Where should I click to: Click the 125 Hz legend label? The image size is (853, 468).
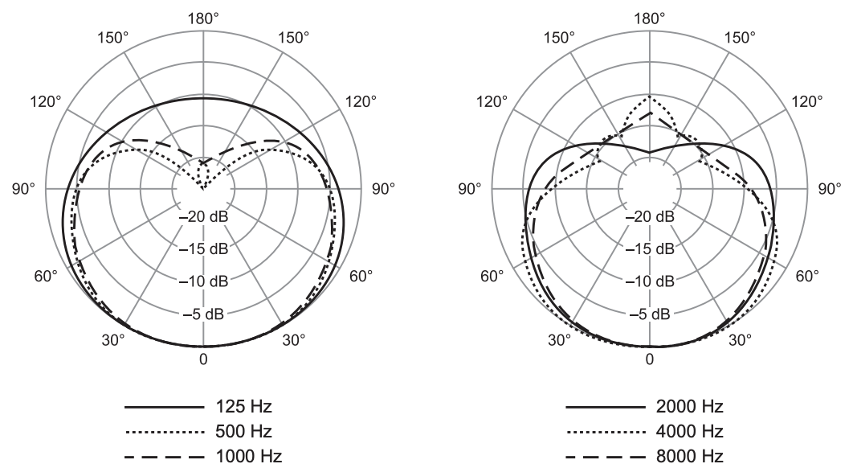pos(243,406)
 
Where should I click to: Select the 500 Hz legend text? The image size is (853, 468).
pos(243,432)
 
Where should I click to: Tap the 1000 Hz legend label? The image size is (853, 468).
pos(249,456)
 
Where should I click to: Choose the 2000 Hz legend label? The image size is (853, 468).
pos(690,406)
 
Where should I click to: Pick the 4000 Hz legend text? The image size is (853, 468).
pos(690,432)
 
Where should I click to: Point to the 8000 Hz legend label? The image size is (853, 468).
pos(690,456)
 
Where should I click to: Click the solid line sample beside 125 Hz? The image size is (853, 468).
pos(164,407)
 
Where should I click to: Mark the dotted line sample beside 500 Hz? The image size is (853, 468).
pos(164,432)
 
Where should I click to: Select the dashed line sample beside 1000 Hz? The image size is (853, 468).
pos(164,457)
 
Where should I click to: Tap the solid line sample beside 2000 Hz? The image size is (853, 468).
pos(605,407)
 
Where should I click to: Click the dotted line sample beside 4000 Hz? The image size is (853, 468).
pos(605,432)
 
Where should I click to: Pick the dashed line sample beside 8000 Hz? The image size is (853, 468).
pos(605,457)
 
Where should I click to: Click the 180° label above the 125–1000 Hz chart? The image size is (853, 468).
pos(203,19)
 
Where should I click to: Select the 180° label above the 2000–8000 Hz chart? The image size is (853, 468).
pos(650,19)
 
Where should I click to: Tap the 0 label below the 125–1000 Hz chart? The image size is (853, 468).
pos(203,359)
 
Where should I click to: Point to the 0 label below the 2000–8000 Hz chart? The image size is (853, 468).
pos(650,359)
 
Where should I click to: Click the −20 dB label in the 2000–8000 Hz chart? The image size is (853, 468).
pos(650,217)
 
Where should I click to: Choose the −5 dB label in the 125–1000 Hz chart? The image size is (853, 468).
pos(203,314)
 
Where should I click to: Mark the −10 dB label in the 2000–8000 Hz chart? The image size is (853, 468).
pos(650,281)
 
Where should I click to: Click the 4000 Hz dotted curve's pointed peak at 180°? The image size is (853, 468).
pos(650,96)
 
